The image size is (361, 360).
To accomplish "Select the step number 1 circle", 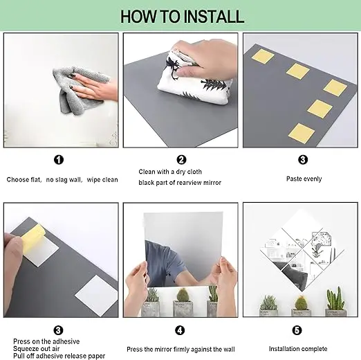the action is click(59, 160).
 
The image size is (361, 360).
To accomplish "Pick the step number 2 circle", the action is click(181, 160).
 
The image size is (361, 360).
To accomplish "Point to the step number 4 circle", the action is click(180, 330).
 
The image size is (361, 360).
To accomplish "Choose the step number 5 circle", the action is click(297, 330).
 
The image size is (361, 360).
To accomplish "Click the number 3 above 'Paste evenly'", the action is click(303, 160).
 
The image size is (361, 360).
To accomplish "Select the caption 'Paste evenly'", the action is click(304, 179).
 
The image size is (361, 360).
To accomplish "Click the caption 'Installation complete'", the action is click(298, 349).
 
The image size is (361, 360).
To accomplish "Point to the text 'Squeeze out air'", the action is click(37, 349).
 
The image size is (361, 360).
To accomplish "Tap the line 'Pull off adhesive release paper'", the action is click(59, 356).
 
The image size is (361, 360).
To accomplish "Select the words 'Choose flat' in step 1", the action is click(24, 179).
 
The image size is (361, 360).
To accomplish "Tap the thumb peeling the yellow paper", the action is click(12, 249).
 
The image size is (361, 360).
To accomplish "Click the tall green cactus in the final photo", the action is click(335, 298).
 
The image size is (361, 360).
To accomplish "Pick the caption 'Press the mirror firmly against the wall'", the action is click(180, 350).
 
